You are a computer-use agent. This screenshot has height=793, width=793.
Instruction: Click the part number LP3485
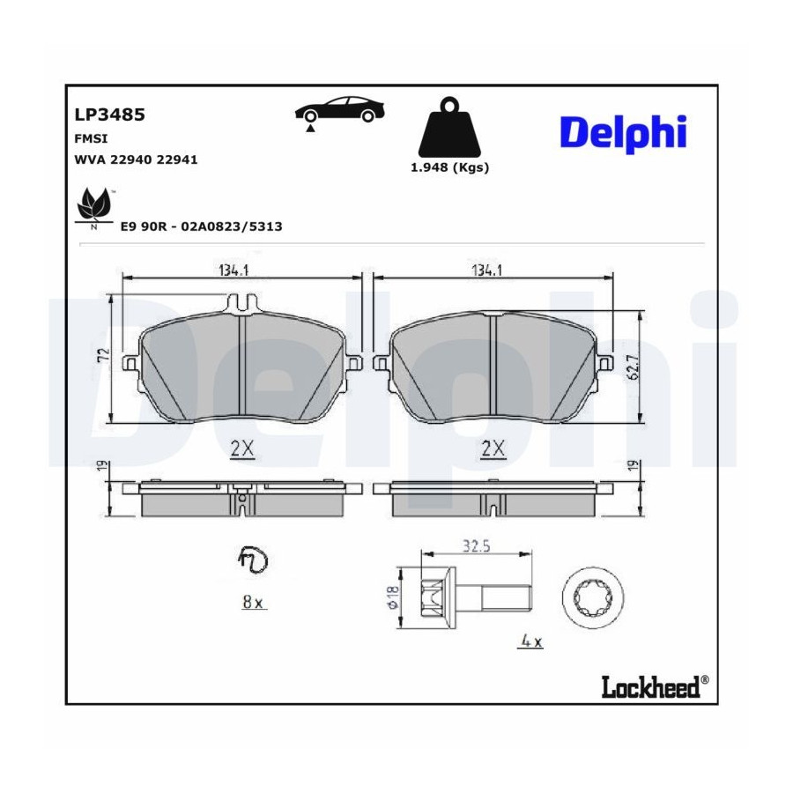point(110,115)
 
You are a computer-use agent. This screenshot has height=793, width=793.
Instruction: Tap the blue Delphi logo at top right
point(623,134)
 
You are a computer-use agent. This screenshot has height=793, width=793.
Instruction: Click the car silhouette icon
point(340,111)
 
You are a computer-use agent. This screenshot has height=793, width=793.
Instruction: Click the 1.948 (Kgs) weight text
point(449,167)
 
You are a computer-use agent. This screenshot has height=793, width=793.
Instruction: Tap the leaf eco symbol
point(93,208)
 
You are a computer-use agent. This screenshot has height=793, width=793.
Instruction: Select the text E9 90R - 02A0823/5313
point(201,226)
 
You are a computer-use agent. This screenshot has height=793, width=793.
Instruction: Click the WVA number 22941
point(177,159)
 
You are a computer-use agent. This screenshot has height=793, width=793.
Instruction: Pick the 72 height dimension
point(104,356)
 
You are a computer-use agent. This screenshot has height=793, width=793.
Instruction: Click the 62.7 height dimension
point(634,367)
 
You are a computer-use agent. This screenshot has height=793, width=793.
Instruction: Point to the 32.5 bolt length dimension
point(477,546)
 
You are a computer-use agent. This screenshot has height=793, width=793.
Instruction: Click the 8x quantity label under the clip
point(252,603)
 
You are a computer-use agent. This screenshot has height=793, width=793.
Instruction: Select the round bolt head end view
point(593,597)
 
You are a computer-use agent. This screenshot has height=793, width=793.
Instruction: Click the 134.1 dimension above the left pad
point(233,271)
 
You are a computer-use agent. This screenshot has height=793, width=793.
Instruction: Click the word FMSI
point(91,138)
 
